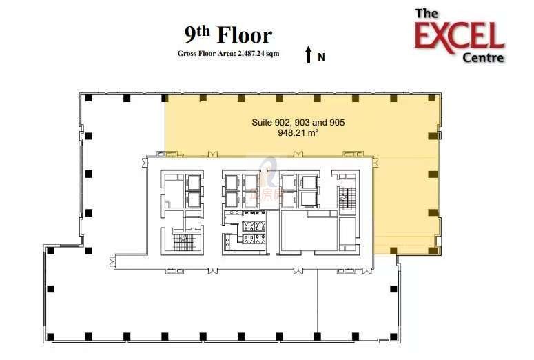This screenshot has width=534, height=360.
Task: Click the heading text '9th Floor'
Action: [228, 35]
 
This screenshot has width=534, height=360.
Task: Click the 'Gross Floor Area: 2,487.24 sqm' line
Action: [228, 54]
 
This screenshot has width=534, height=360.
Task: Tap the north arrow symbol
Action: [309, 55]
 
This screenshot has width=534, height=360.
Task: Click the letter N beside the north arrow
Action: [321, 57]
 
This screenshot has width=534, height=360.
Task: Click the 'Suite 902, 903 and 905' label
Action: [298, 122]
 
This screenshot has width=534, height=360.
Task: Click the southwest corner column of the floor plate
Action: [51, 337]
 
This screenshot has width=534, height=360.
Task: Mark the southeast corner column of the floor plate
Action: [393, 337]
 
